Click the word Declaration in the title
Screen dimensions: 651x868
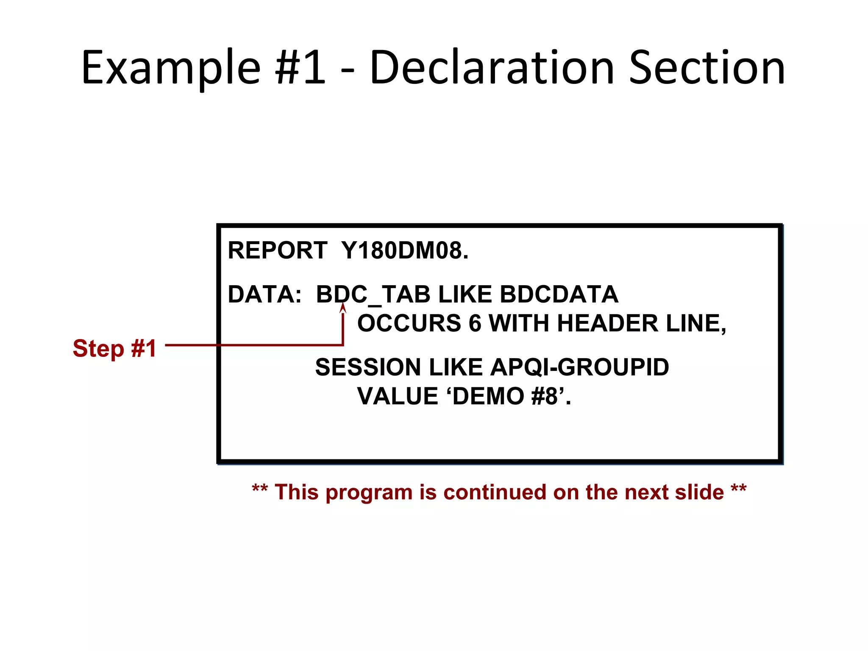click(x=492, y=68)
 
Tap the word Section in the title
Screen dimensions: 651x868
click(x=707, y=68)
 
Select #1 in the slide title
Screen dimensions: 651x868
click(x=300, y=68)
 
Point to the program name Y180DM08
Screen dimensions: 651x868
click(x=404, y=250)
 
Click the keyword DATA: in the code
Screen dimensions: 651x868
click(x=264, y=294)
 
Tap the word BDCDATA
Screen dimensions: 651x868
click(x=559, y=294)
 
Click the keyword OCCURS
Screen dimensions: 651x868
click(x=409, y=323)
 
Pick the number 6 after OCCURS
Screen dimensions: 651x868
click(x=475, y=323)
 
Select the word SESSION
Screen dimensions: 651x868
click(x=369, y=367)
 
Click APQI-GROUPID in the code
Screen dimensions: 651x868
click(x=579, y=367)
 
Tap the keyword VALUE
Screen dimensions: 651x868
click(x=398, y=396)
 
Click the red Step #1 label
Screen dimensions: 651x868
click(x=114, y=348)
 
